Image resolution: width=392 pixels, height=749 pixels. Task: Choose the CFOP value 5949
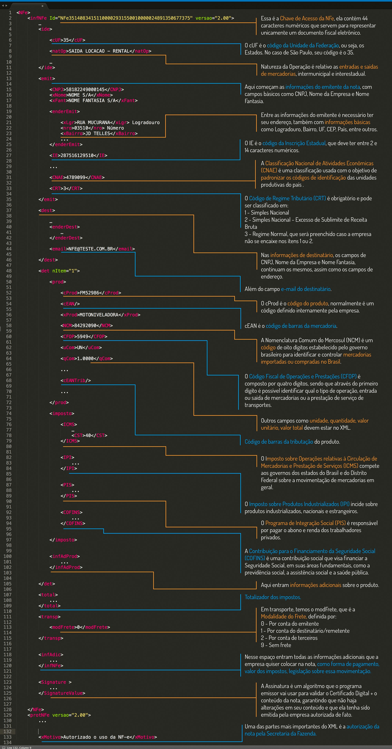(x=83, y=336)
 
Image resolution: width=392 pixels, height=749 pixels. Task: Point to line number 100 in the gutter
(x=8, y=556)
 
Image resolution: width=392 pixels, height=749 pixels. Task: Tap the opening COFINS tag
(x=72, y=512)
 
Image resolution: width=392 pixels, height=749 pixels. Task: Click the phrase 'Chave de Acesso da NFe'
(x=307, y=18)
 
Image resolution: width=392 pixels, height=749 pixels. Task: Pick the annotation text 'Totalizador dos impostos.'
(x=273, y=597)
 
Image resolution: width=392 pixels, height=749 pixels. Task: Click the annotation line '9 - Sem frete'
(x=276, y=645)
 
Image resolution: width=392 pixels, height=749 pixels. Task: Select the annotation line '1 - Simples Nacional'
(x=267, y=213)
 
